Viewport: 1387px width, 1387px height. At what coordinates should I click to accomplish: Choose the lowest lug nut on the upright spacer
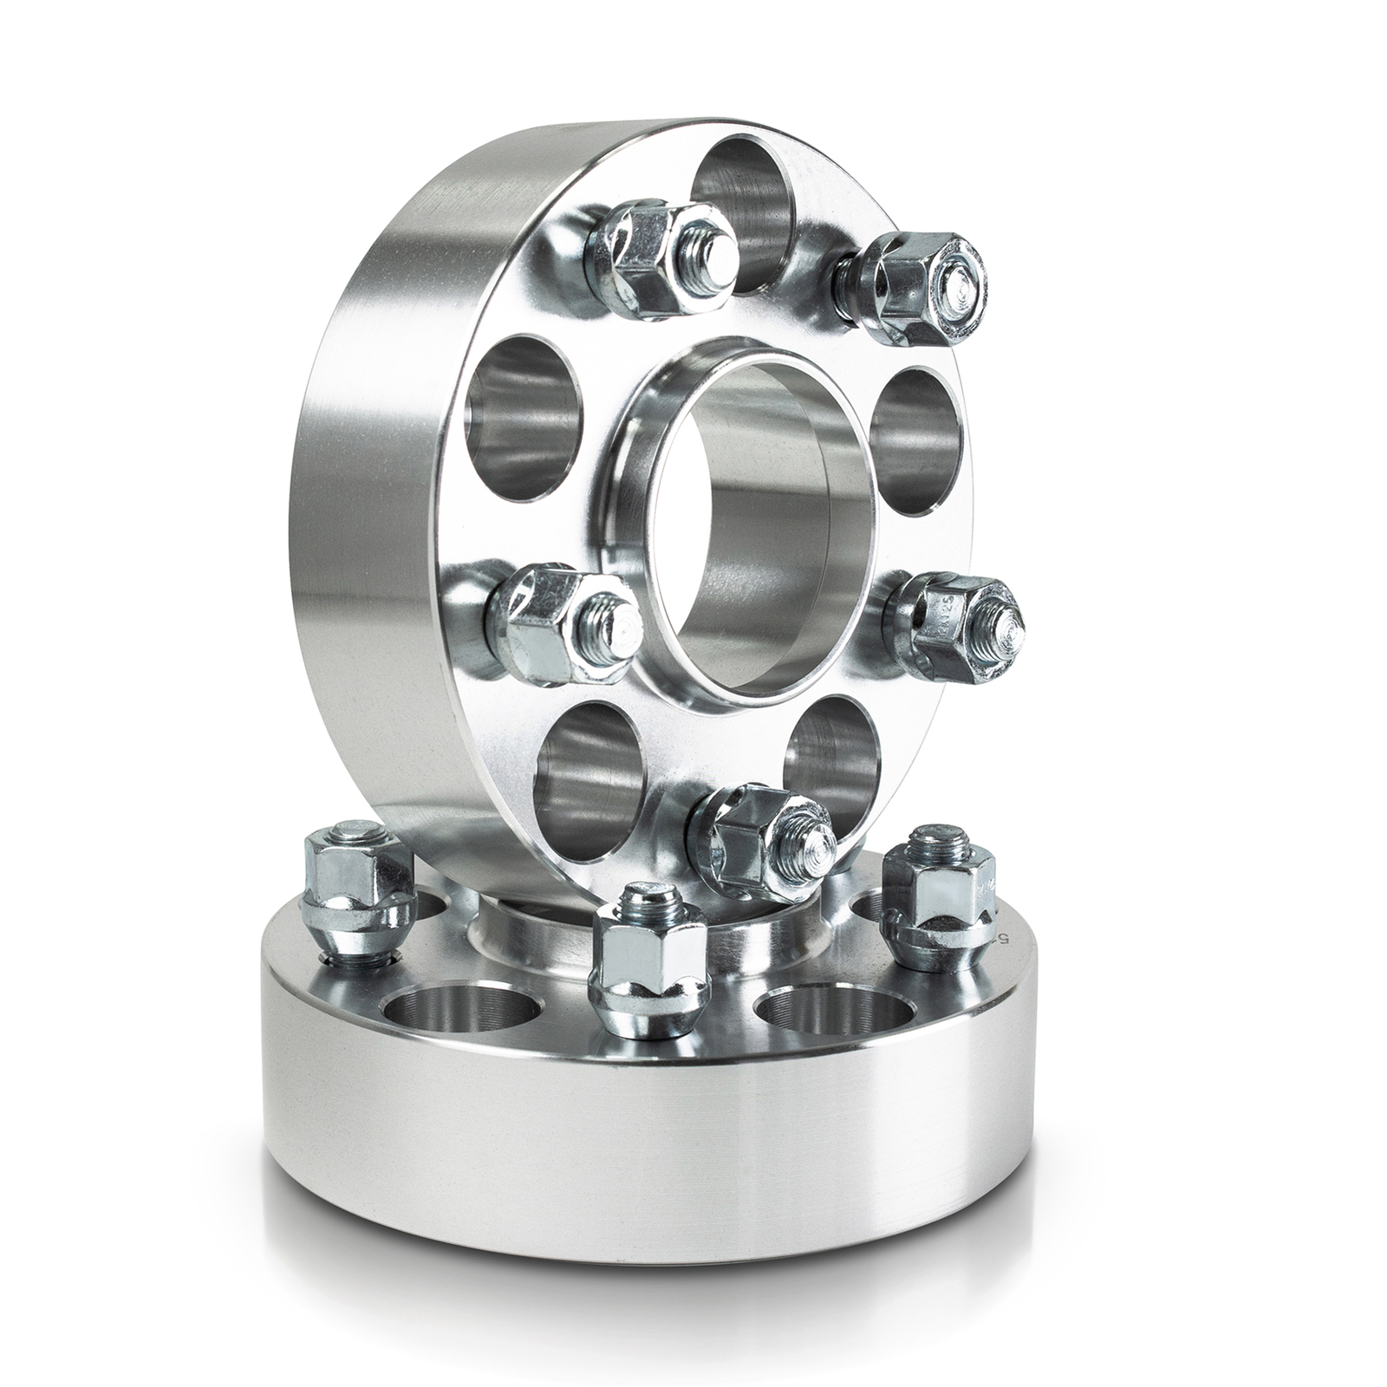[x=763, y=824]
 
